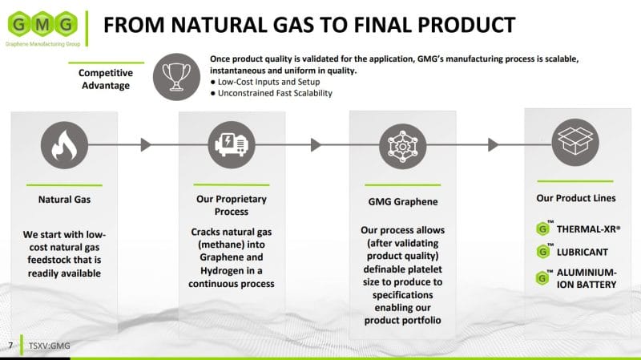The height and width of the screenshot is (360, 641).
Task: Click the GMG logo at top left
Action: tap(42, 27)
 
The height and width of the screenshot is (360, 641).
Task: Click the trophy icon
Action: tap(176, 77)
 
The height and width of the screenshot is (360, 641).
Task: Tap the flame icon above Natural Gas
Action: tap(64, 145)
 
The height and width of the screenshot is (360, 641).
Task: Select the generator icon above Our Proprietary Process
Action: tap(232, 145)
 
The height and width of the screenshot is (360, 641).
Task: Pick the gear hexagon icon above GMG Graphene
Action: tap(403, 146)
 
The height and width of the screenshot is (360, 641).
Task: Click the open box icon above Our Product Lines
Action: tap(575, 142)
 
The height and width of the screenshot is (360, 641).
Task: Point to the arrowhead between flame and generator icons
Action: tap(146, 145)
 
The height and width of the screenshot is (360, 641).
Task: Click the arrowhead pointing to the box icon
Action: tap(494, 145)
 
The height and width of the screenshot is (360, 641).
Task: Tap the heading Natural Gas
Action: tap(64, 200)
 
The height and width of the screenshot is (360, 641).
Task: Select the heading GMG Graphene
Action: tap(403, 202)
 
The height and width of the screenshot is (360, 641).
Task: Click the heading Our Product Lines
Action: tap(575, 198)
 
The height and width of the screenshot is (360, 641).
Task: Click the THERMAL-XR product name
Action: tap(588, 229)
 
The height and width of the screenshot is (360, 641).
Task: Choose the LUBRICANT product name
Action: tap(583, 252)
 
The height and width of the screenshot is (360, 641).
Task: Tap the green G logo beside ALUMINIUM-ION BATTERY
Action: tap(542, 278)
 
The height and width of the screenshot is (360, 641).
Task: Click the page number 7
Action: tap(10, 346)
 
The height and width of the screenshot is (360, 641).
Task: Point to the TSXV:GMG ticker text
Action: tap(49, 346)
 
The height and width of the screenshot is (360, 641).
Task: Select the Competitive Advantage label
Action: tap(106, 79)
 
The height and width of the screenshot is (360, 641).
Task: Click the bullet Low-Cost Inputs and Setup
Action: tap(265, 82)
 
